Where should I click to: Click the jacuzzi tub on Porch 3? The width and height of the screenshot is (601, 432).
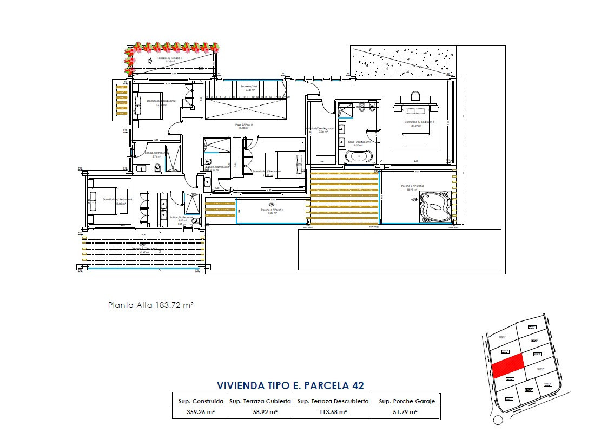(435, 207)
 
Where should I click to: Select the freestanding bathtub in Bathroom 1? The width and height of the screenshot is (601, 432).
(360, 156)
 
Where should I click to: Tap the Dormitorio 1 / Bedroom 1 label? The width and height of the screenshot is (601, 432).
(419, 123)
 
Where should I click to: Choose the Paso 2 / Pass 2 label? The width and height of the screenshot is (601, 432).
(244, 125)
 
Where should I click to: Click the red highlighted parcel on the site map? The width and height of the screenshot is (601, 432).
(508, 365)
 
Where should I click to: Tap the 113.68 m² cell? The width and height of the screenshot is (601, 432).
(333, 412)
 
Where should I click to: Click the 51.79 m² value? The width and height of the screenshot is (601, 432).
(405, 412)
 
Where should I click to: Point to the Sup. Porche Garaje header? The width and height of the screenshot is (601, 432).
(405, 401)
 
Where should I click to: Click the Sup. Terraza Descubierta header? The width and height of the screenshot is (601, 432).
(333, 401)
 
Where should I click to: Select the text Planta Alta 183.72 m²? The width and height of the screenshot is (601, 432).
(151, 305)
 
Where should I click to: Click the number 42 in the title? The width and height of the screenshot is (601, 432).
(357, 385)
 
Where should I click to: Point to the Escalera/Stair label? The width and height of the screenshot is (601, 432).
(249, 87)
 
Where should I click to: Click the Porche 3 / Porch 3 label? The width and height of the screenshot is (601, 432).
(412, 186)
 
